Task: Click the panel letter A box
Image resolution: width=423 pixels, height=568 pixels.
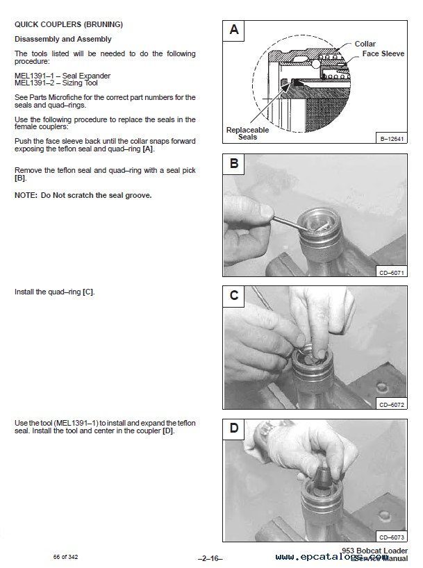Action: click(234, 30)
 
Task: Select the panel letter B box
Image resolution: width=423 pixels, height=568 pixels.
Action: click(234, 165)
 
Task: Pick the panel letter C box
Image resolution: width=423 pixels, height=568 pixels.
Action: click(234, 296)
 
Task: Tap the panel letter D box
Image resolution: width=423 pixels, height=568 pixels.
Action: click(234, 428)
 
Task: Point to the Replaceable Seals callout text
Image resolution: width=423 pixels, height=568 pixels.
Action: click(247, 133)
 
